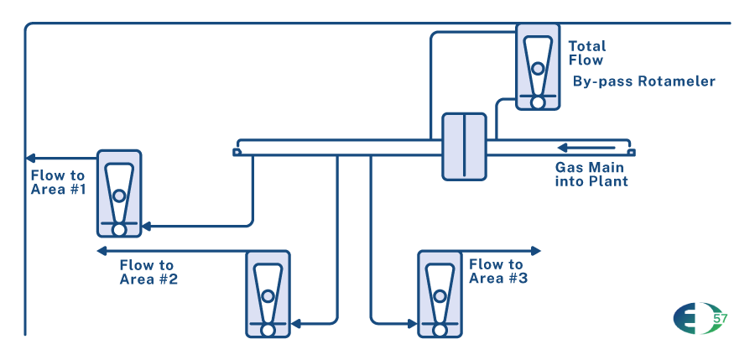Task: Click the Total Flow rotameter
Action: pos(538,66)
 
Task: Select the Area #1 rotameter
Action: pos(119,193)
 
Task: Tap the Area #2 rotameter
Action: pos(268,294)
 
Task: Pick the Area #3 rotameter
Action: pos(440,294)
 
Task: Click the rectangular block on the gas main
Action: pos(464,146)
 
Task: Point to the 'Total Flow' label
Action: pos(586,53)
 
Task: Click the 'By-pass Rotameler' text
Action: pos(643,81)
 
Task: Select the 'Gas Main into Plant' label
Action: pos(591,174)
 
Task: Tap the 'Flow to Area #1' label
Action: pos(58,182)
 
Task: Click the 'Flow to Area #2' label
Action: pos(148,272)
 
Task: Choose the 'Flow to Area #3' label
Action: pos(497,271)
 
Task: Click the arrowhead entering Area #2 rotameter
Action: pos(295,323)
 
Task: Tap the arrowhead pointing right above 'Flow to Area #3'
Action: pos(536,250)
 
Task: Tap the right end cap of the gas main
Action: pos(631,152)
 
